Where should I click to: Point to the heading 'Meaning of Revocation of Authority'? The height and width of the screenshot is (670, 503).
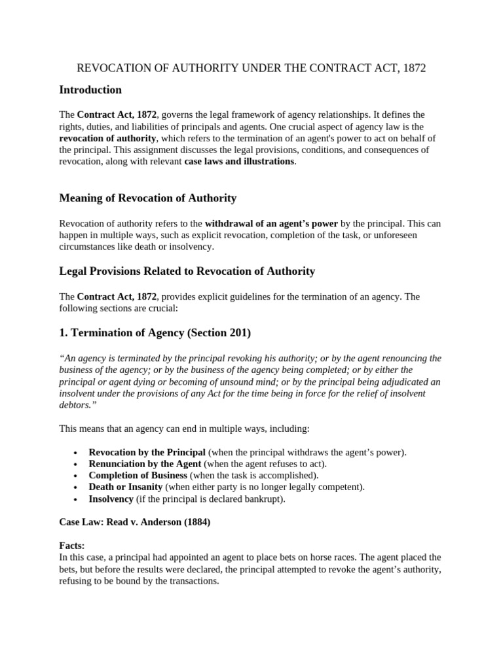(147, 198)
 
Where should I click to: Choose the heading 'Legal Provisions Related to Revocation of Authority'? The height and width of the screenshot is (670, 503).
(187, 271)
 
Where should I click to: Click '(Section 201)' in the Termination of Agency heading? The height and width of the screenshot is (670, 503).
(219, 332)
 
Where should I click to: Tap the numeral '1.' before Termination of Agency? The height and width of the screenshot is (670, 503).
(64, 332)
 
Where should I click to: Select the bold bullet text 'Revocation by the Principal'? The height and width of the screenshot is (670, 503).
(147, 452)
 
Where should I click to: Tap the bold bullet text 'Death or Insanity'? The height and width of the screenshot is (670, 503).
(126, 487)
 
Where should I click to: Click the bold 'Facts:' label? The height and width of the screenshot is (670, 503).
(73, 545)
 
